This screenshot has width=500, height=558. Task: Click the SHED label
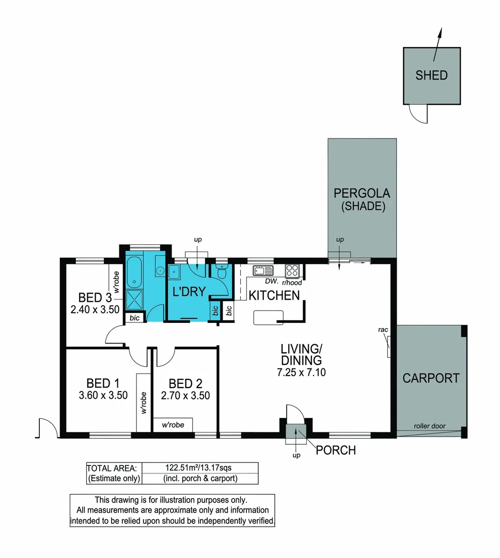(431, 75)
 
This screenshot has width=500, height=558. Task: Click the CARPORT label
(431, 378)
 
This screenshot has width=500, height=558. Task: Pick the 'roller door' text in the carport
(429, 426)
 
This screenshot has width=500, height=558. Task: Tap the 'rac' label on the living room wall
(383, 329)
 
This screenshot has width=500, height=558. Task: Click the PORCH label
(336, 450)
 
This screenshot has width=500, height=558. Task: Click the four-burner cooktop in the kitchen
(292, 270)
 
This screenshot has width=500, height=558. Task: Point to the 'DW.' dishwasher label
(272, 282)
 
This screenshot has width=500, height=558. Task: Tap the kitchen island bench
(268, 317)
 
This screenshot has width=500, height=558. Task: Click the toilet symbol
(221, 271)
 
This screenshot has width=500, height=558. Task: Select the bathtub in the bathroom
(135, 271)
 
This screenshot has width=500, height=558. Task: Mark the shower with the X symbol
(136, 300)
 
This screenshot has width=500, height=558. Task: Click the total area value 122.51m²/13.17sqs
(199, 468)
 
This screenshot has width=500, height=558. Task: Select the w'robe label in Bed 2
(173, 425)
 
